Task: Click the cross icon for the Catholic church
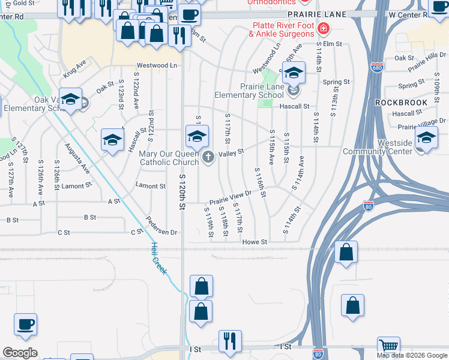[208, 157]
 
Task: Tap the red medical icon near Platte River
[324, 28]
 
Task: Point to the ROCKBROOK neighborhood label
[402, 103]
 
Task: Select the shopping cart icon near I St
[388, 346]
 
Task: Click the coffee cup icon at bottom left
[26, 325]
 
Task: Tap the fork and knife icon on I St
[230, 341]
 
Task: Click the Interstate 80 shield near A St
[369, 208]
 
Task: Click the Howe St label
[255, 241]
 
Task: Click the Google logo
[20, 352]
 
